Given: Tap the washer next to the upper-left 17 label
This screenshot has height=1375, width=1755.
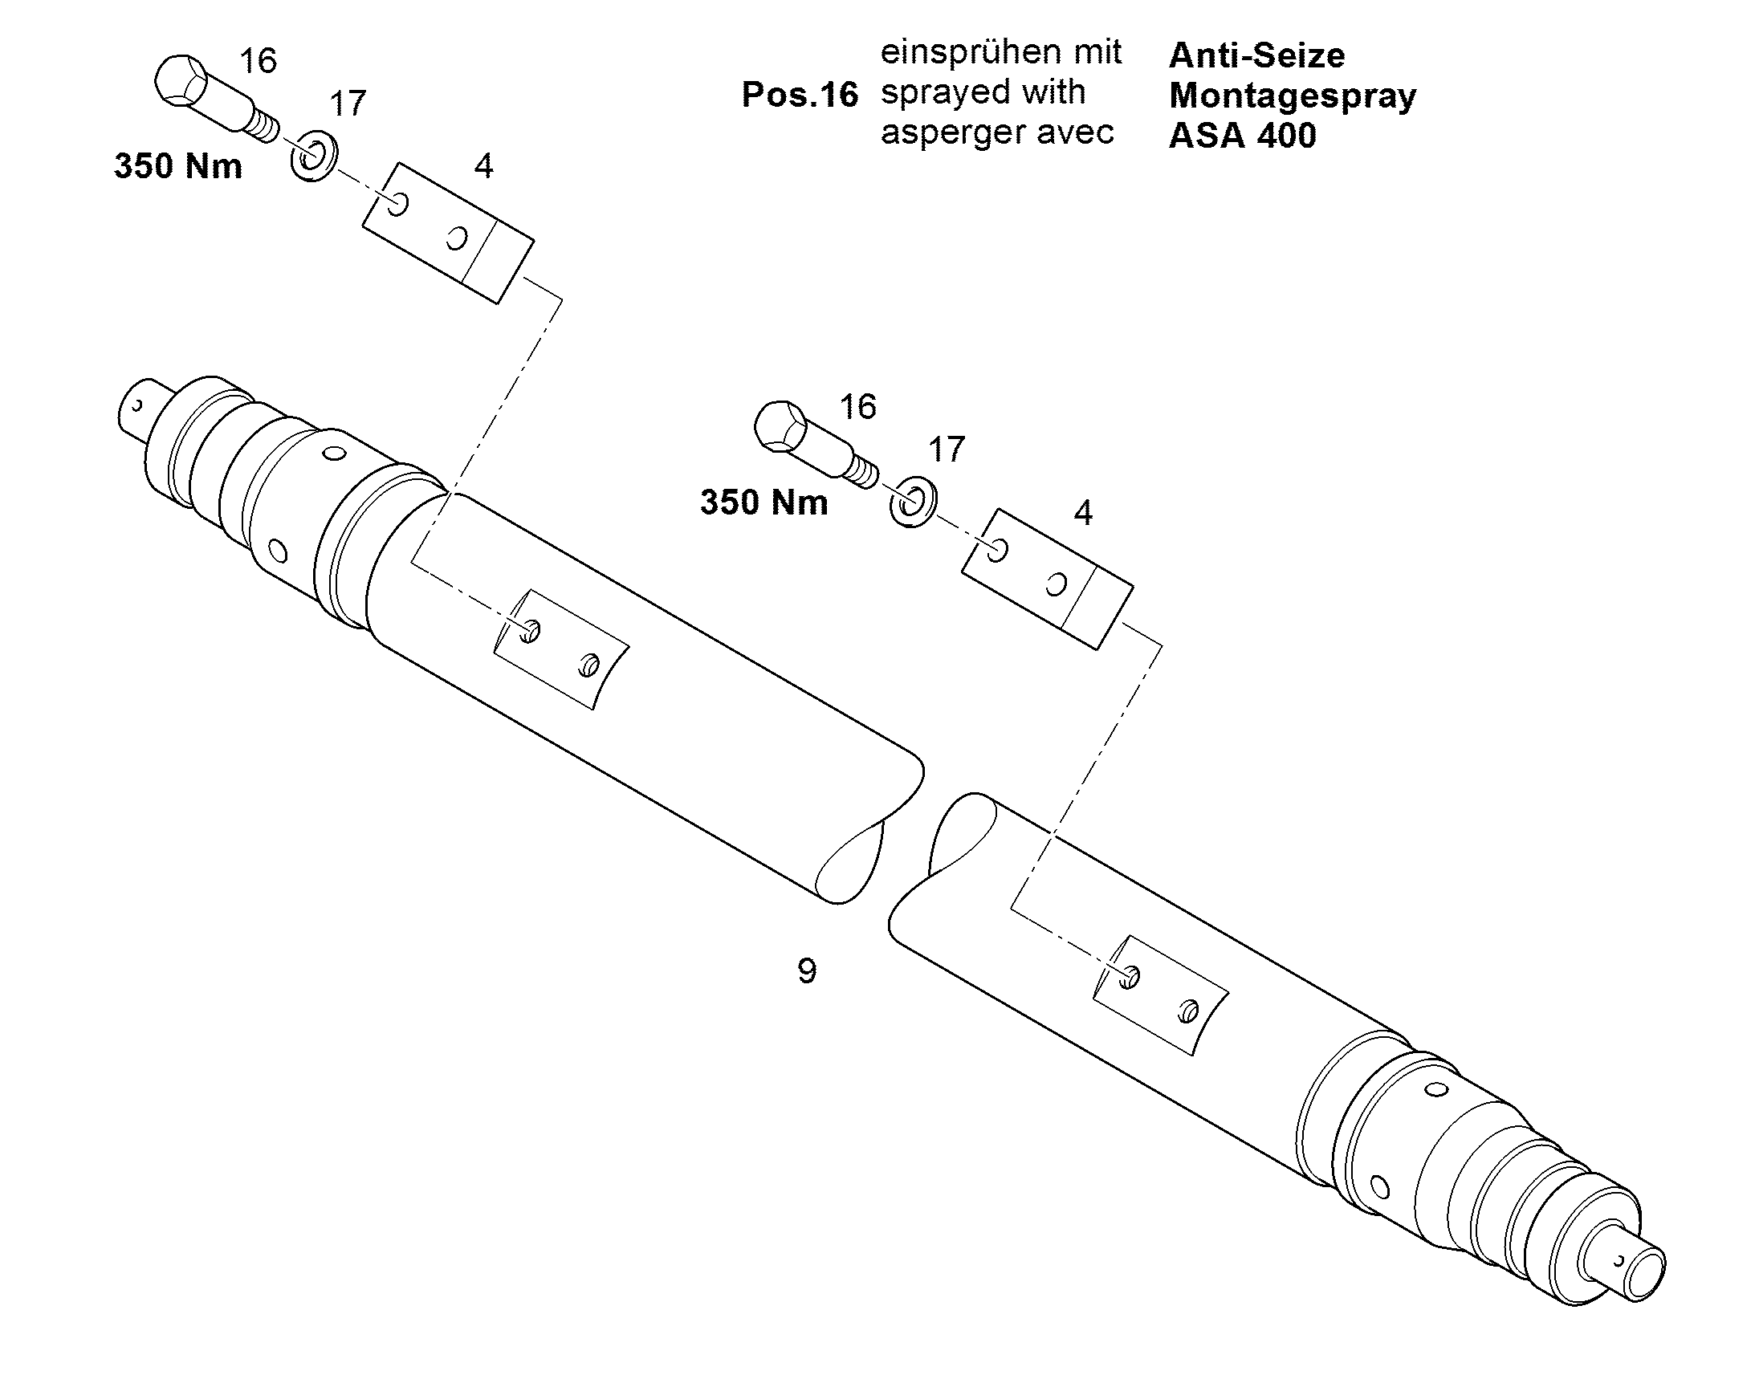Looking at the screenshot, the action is pyautogui.click(x=313, y=154).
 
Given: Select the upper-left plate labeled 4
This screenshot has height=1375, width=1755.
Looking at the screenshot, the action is pyautogui.click(x=448, y=234).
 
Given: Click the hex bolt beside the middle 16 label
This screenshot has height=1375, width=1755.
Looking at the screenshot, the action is pyautogui.click(x=815, y=444).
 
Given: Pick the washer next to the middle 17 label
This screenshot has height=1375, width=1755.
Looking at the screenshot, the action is pyautogui.click(x=913, y=501).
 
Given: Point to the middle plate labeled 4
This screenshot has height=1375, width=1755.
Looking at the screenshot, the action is pyautogui.click(x=1048, y=579).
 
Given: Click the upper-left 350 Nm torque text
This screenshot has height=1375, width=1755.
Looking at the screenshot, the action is pyautogui.click(x=178, y=167).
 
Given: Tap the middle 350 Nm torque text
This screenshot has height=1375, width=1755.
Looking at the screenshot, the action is pyautogui.click(x=764, y=502).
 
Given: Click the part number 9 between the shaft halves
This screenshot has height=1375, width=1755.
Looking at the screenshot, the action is pyautogui.click(x=807, y=971).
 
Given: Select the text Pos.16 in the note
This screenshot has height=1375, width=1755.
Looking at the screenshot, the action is pyautogui.click(x=800, y=95).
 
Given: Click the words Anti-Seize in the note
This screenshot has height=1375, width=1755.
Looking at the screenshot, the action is pyautogui.click(x=1256, y=55).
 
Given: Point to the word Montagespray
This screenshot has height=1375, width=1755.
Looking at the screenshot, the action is pyautogui.click(x=1292, y=96).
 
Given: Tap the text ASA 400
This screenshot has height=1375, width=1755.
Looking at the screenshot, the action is pyautogui.click(x=1242, y=135).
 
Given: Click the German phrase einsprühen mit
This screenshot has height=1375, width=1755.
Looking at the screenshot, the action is pyautogui.click(x=1000, y=53).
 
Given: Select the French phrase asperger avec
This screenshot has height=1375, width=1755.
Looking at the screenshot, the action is pyautogui.click(x=997, y=132).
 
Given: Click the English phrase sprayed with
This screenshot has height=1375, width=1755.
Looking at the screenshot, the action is pyautogui.click(x=983, y=92).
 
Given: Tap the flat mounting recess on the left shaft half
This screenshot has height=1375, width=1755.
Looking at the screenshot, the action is pyautogui.click(x=560, y=649).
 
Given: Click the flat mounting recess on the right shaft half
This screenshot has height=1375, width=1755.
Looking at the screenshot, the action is pyautogui.click(x=1160, y=996).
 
